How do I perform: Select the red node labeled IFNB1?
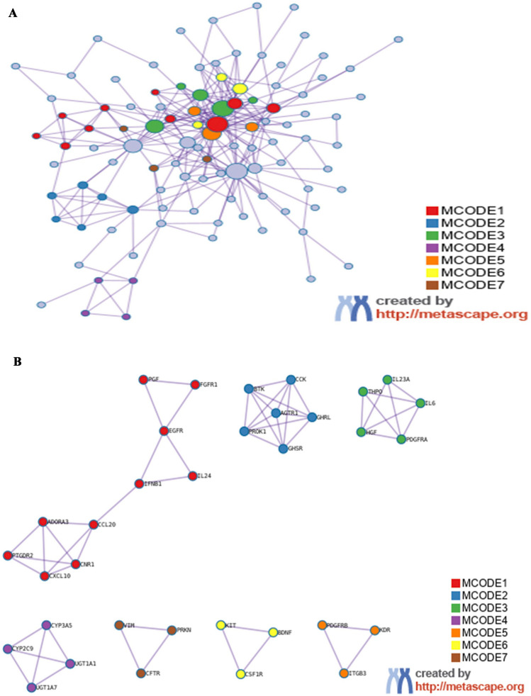click(x=140, y=484)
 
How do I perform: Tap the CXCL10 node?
click(x=45, y=576)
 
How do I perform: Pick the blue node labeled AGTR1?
click(x=276, y=412)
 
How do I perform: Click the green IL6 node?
click(x=420, y=403)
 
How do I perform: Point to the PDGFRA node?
click(x=401, y=439)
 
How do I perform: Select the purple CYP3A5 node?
click(x=47, y=625)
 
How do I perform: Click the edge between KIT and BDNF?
click(x=247, y=628)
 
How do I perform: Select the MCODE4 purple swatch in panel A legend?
click(x=432, y=248)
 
